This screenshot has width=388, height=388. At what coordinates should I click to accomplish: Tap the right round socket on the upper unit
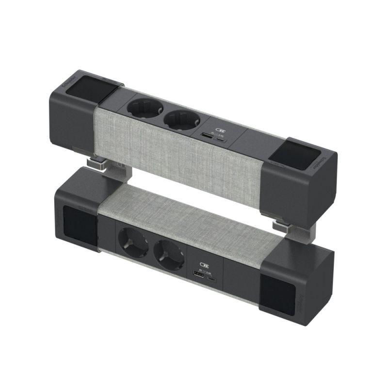pos(180,121)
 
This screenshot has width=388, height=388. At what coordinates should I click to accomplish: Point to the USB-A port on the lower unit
pos(199,275)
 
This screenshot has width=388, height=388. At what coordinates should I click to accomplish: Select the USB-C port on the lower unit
pos(212,279)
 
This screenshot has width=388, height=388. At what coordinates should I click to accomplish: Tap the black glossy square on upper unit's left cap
pos(86,86)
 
